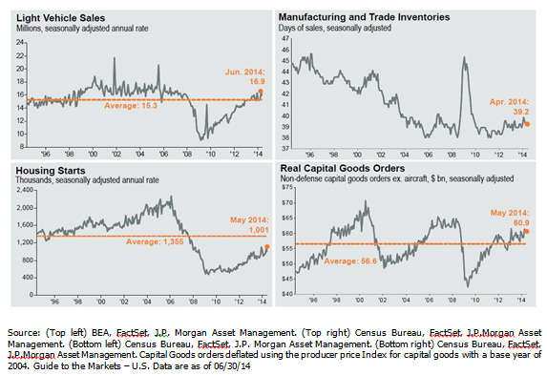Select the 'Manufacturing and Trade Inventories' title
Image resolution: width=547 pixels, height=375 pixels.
pos(356,17)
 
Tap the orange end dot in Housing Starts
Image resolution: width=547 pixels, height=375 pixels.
pos(266,247)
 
